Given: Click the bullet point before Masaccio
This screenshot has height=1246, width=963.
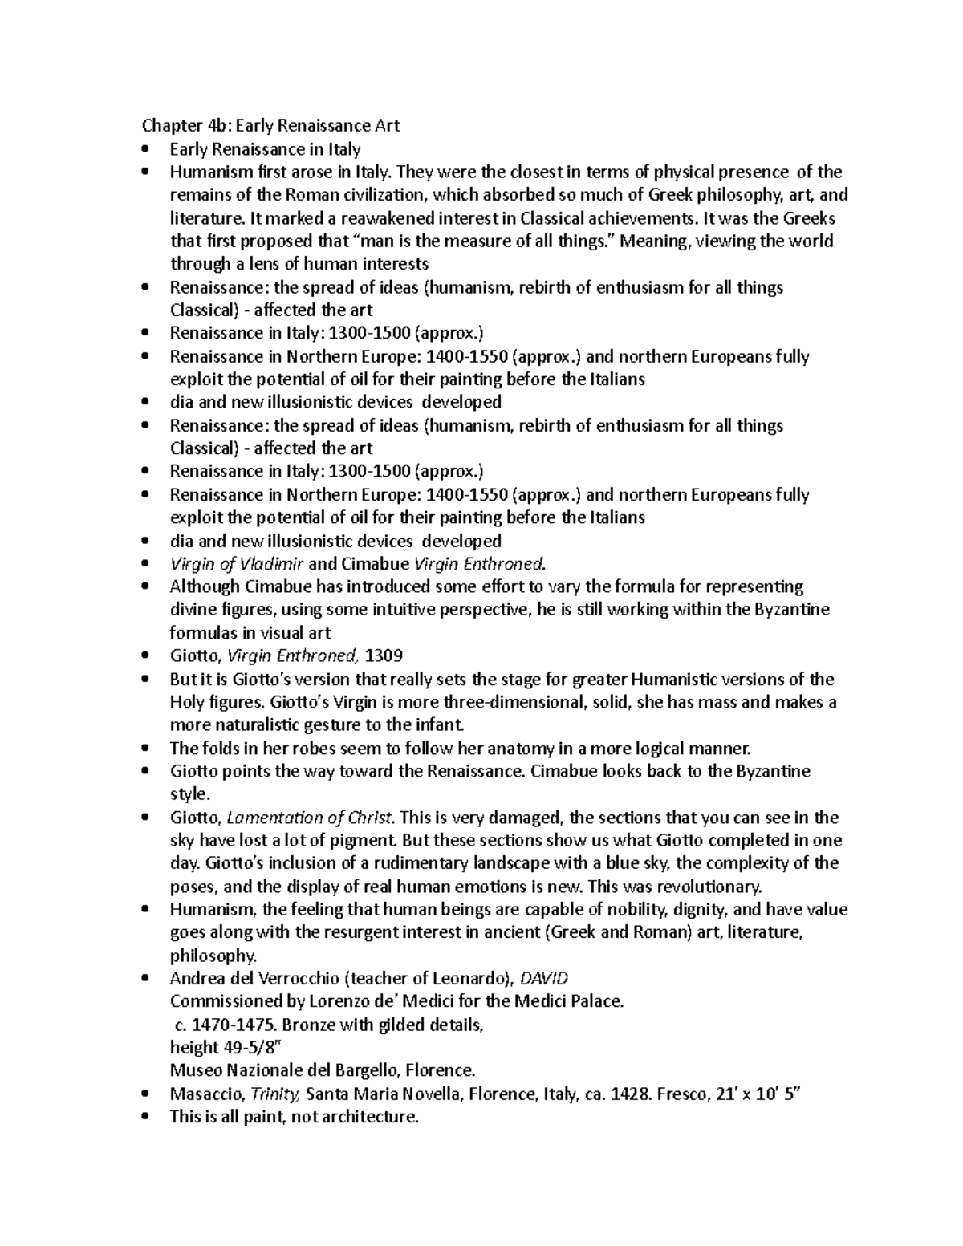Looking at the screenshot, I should pyautogui.click(x=144, y=1094).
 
